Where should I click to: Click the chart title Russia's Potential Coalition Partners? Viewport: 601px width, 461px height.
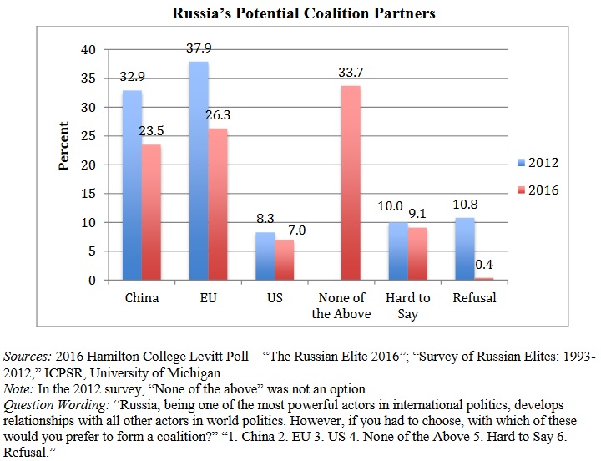(x=304, y=13)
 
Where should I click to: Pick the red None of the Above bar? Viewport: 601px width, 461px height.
(x=351, y=183)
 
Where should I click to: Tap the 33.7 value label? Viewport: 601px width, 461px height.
(x=351, y=73)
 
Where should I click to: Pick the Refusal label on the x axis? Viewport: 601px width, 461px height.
(x=474, y=297)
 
